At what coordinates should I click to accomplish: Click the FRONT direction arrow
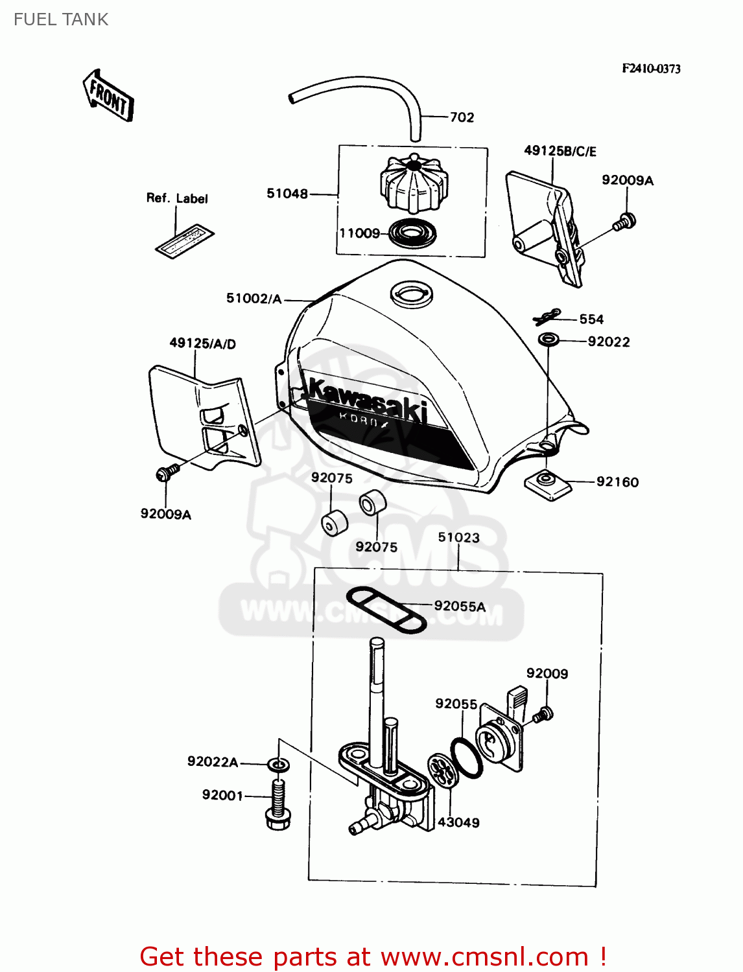tap(108, 97)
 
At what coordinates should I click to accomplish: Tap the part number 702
tap(462, 117)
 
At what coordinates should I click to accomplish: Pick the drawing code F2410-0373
tap(651, 69)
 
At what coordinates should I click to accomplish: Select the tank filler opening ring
tap(411, 294)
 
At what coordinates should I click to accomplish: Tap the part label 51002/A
tap(254, 299)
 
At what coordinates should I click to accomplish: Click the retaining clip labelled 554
tap(546, 316)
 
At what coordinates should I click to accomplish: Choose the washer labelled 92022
tap(549, 339)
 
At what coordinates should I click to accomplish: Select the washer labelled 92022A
tap(279, 765)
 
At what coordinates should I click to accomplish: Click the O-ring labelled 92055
tap(466, 758)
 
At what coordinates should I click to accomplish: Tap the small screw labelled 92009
tap(543, 715)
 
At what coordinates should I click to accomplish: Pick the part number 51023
tap(458, 537)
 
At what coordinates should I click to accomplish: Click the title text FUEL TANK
tap(61, 19)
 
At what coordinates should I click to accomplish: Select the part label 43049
tap(458, 822)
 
